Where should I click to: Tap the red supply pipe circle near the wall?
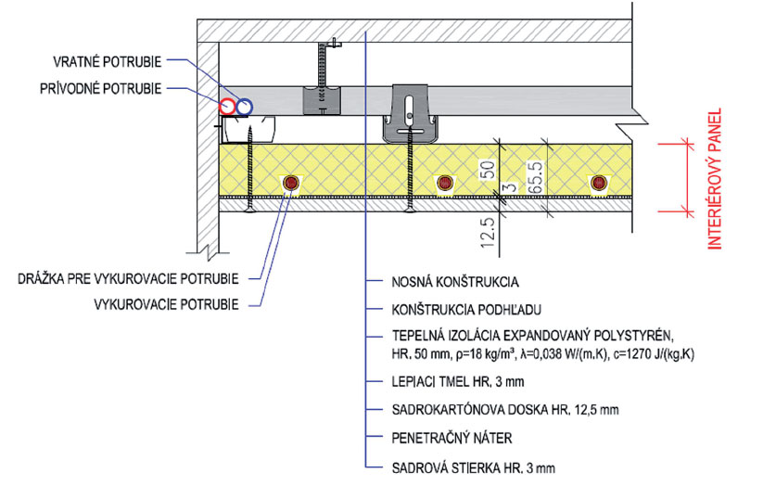[228, 107]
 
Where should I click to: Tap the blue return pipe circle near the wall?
[244, 107]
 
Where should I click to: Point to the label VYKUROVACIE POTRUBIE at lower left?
[167, 303]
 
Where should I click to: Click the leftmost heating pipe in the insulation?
[291, 183]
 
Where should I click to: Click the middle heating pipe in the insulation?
[445, 183]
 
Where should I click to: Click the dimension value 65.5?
[534, 173]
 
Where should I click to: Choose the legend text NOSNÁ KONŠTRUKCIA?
[454, 279]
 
